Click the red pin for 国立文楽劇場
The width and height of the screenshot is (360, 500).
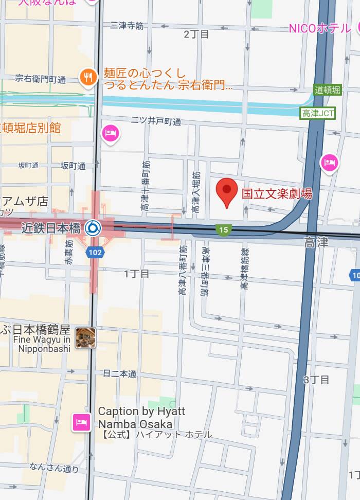[x=226, y=192]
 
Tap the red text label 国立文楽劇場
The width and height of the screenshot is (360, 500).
[x=277, y=194]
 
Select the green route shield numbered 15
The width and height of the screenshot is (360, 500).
[x=223, y=230]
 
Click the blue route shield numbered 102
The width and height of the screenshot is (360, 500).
[x=95, y=252]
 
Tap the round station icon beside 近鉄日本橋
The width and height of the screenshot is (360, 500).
[x=93, y=227]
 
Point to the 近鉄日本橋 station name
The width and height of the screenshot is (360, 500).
[x=51, y=228]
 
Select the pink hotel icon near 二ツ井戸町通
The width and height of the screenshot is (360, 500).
[x=111, y=133]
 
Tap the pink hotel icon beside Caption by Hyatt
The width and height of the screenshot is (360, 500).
[x=82, y=423]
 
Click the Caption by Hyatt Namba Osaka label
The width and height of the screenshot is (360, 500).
[x=141, y=417]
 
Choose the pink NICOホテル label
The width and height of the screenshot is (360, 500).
[x=319, y=28]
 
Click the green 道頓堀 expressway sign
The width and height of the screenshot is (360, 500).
[x=327, y=90]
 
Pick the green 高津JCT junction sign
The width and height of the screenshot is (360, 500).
[x=318, y=113]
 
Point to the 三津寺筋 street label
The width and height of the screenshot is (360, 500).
[x=127, y=25]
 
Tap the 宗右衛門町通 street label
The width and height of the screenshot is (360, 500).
[x=41, y=79]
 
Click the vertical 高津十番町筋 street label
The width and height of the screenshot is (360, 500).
[x=146, y=187]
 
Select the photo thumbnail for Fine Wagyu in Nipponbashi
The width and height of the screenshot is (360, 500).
[x=85, y=337]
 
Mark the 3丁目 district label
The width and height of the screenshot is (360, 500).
[x=316, y=380]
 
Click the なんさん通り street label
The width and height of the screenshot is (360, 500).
[x=55, y=468]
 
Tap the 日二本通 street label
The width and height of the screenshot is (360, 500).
[x=119, y=374]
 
